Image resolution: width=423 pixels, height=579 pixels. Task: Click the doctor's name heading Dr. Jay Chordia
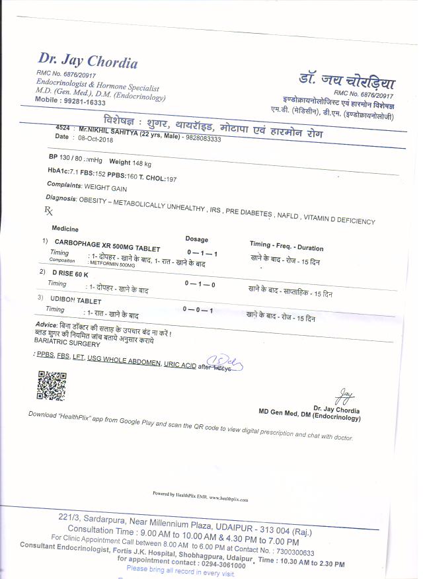point(88,61)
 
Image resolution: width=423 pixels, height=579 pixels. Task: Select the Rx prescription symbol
point(48,210)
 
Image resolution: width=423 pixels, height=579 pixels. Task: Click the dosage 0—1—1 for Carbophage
point(202,253)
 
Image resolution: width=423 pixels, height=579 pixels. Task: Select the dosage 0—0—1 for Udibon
point(198,309)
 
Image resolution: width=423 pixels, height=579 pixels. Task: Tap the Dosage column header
point(196,239)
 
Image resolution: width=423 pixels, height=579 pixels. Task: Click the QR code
point(52,385)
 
